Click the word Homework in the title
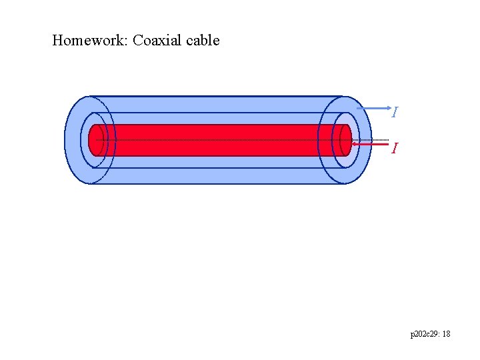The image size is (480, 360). pyautogui.click(x=89, y=41)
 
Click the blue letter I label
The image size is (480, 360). pyautogui.click(x=395, y=113)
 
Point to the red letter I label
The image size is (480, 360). pyautogui.click(x=395, y=148)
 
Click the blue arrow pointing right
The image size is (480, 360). pyautogui.click(x=373, y=107)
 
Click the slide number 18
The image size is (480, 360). pyautogui.click(x=446, y=333)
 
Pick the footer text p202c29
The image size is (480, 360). pyautogui.click(x=423, y=333)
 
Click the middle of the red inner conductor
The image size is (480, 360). pyautogui.click(x=220, y=140)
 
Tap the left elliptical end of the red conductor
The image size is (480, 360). pyautogui.click(x=96, y=140)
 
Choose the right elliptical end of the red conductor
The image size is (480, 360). pyautogui.click(x=345, y=140)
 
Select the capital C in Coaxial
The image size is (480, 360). pyautogui.click(x=137, y=41)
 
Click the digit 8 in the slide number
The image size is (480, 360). pyautogui.click(x=448, y=333)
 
